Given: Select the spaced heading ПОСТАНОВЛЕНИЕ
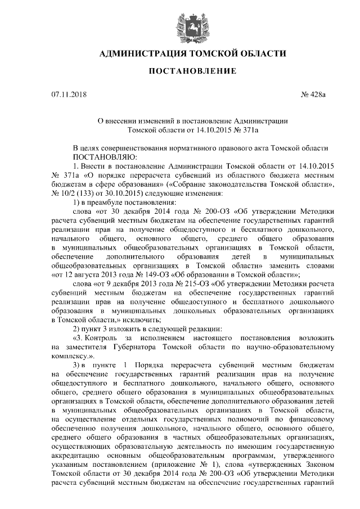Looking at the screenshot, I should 180,71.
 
